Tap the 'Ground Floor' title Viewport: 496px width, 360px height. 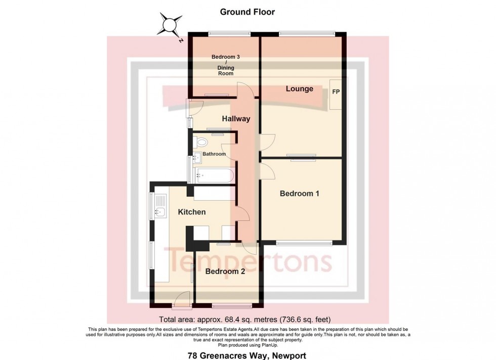(x=248, y=12)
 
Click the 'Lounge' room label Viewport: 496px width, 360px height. (x=299, y=89)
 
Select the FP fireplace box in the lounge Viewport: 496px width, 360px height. (x=336, y=94)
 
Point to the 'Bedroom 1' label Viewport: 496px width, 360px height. (x=299, y=193)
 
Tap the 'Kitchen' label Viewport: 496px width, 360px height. (x=191, y=212)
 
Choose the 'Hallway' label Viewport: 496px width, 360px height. (x=236, y=119)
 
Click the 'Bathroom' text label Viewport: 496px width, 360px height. (x=214, y=154)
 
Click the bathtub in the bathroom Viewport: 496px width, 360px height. (x=213, y=176)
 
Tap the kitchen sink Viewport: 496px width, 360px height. (x=161, y=212)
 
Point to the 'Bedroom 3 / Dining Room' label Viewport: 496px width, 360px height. (x=225, y=65)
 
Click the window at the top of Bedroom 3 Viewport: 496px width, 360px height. (x=229, y=34)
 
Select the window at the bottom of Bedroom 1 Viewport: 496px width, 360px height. (x=304, y=243)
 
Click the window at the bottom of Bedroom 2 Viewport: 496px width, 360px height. (x=231, y=305)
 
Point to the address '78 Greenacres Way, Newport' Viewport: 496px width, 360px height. (x=247, y=355)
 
